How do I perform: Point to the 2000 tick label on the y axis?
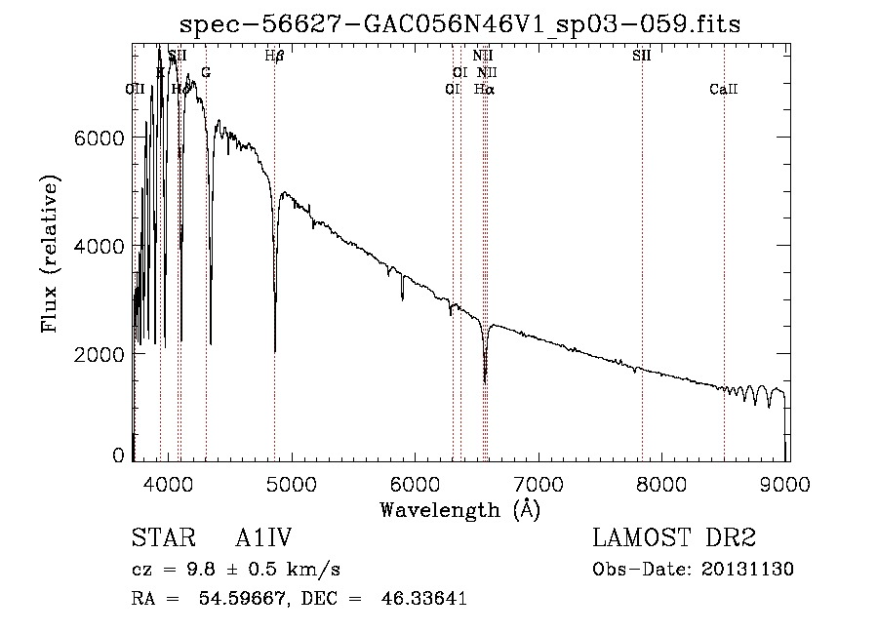99,354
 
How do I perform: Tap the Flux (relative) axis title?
49,252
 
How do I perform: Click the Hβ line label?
274,56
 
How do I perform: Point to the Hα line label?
484,89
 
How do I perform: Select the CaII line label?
724,89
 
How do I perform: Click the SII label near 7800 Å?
641,56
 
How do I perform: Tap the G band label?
205,72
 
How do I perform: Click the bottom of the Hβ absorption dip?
275,350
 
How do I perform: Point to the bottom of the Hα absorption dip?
485,380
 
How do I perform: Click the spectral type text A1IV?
263,538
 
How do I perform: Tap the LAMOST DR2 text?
674,538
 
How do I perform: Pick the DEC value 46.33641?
425,599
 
